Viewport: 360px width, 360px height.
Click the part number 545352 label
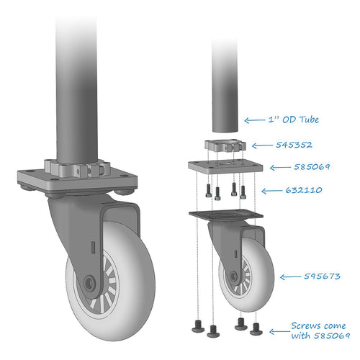294,145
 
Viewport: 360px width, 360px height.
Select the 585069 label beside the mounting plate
312,166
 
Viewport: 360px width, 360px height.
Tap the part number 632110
304,190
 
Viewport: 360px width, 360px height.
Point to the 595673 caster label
322,276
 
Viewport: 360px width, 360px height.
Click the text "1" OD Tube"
293,120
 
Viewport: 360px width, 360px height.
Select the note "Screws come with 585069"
320,330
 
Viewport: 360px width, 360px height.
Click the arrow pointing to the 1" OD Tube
255,120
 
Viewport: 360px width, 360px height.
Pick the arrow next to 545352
262,145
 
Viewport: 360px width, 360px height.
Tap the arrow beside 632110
271,191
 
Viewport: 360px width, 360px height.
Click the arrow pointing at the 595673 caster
290,277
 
